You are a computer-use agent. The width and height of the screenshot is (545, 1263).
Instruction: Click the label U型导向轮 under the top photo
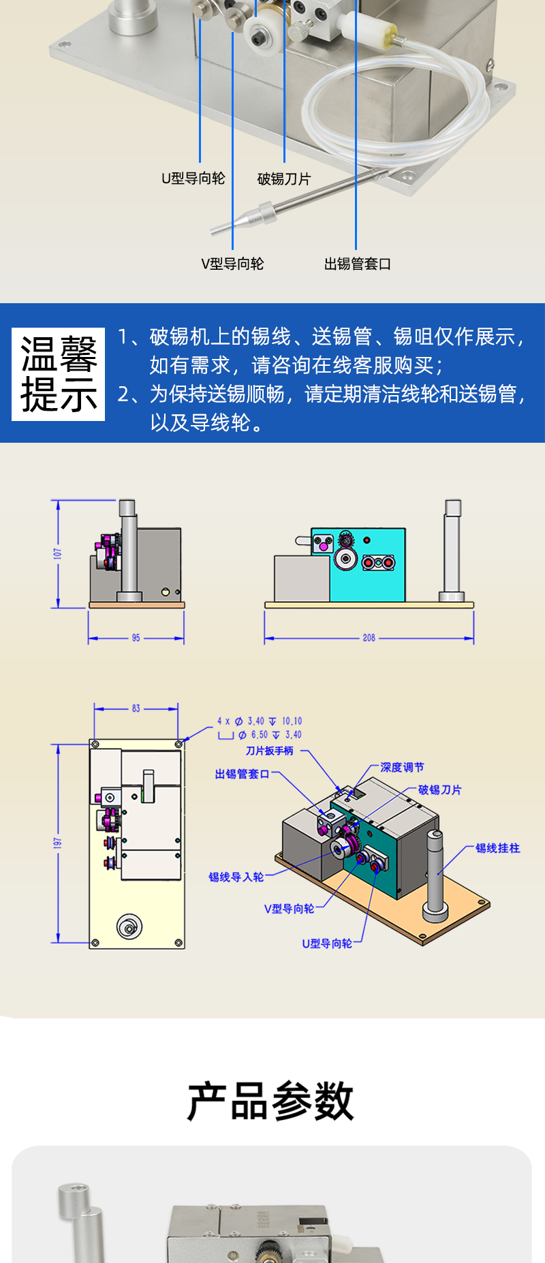pyautogui.click(x=193, y=178)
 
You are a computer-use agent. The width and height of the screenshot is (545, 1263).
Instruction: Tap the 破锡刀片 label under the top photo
pyautogui.click(x=284, y=179)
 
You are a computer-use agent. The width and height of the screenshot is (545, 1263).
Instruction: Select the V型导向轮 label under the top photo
pyautogui.click(x=232, y=264)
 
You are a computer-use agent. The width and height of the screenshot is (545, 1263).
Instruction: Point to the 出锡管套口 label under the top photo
pyautogui.click(x=357, y=264)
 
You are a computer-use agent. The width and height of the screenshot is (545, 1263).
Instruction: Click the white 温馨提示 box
pyautogui.click(x=59, y=374)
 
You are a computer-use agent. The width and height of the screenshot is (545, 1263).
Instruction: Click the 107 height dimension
pyautogui.click(x=58, y=553)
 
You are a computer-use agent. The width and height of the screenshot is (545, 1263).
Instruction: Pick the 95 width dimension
pyautogui.click(x=136, y=638)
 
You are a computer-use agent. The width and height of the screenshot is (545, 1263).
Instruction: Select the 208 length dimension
pyautogui.click(x=369, y=638)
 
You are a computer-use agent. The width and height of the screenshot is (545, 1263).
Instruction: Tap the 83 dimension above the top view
pyautogui.click(x=136, y=708)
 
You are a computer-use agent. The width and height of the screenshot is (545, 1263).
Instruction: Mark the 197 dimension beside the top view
pyautogui.click(x=58, y=843)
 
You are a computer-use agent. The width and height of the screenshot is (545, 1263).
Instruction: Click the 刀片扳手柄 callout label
pyautogui.click(x=270, y=751)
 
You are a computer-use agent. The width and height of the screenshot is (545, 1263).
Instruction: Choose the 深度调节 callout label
pyautogui.click(x=402, y=767)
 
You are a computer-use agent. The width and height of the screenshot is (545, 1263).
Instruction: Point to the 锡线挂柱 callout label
pyautogui.click(x=497, y=848)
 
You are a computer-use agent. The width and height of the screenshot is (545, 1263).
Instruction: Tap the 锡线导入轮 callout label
pyautogui.click(x=236, y=877)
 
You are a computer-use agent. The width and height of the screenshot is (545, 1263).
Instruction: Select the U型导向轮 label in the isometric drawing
pyautogui.click(x=327, y=944)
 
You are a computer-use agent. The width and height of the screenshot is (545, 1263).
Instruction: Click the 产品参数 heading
pyautogui.click(x=271, y=1101)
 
